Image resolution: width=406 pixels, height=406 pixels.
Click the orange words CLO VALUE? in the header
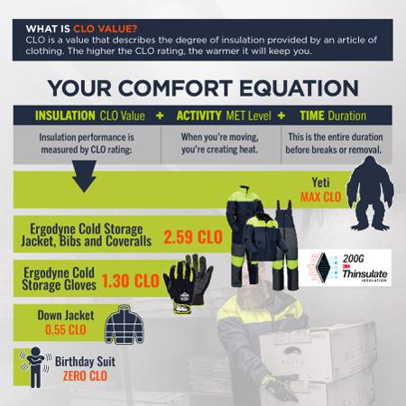(x=106, y=29)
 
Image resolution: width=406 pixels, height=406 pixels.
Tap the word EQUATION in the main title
(x=299, y=88)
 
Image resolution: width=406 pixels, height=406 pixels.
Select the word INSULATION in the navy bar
(x=65, y=115)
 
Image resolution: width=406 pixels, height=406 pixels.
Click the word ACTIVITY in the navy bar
(x=198, y=115)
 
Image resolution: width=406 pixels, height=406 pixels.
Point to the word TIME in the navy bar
(x=312, y=115)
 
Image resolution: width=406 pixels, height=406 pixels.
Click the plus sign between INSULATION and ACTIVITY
(x=160, y=115)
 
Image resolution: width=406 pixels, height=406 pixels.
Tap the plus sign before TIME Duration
(x=281, y=115)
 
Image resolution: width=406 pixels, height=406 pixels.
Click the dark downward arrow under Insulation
(x=84, y=176)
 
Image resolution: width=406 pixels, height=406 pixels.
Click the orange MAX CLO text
(x=321, y=198)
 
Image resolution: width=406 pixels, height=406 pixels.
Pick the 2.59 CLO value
(x=193, y=237)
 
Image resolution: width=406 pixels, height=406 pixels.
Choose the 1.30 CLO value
(x=130, y=281)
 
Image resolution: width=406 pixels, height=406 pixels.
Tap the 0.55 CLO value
(x=66, y=330)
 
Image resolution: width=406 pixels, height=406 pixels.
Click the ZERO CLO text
(x=85, y=376)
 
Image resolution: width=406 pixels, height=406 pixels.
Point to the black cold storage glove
(x=188, y=283)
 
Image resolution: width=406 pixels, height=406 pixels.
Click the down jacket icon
(x=125, y=324)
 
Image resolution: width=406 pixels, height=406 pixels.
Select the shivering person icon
(x=35, y=367)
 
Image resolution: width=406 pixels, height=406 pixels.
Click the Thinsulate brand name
(x=364, y=274)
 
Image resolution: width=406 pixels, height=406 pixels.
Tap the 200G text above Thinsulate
(x=353, y=259)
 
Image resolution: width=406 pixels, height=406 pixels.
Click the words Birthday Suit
(x=85, y=362)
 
